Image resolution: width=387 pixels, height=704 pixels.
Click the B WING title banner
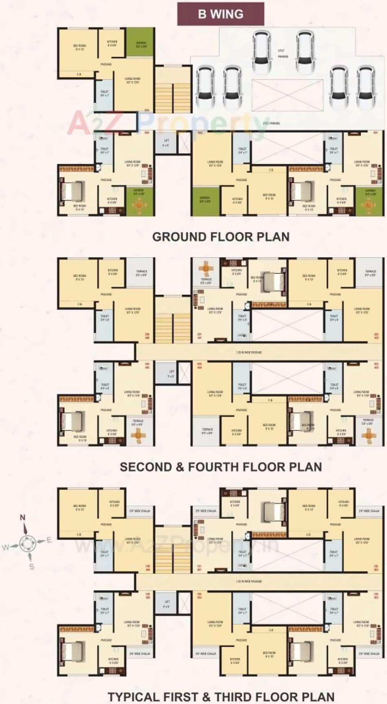click(220, 14)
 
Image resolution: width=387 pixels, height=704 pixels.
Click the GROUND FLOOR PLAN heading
click(220, 237)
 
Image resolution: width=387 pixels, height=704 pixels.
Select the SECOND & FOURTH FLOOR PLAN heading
click(220, 467)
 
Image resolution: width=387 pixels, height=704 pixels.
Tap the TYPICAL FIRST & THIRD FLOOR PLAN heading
click(220, 697)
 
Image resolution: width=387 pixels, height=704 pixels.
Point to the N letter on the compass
click(22, 518)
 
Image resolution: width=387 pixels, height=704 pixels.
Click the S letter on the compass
click(32, 566)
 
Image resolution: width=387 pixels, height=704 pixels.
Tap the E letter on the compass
click(49, 540)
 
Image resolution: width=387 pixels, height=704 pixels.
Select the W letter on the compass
click(5, 547)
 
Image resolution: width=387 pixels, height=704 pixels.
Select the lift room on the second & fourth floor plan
click(171, 373)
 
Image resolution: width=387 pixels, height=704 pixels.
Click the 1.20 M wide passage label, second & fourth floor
click(248, 352)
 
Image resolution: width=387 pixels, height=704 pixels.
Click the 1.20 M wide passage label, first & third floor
click(248, 581)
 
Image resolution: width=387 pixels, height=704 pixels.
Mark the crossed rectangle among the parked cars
click(287, 95)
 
